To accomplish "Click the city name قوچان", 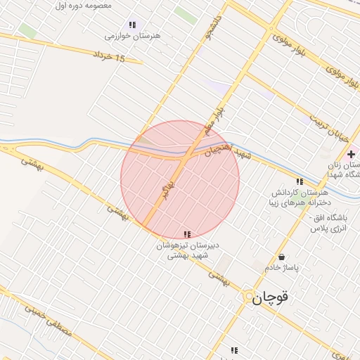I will [271, 299].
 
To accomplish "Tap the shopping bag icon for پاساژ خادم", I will [282, 257].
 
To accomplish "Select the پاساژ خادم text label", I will [282, 268].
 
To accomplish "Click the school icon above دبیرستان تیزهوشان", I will [186, 234].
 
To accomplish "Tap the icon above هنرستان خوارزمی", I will [132, 25].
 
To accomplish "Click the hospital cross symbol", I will [351, 154].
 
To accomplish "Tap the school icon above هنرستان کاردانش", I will [300, 181].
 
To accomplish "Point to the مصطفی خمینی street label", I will [49, 318].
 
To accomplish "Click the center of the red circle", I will [180, 180].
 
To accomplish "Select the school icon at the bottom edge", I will [234, 350].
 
